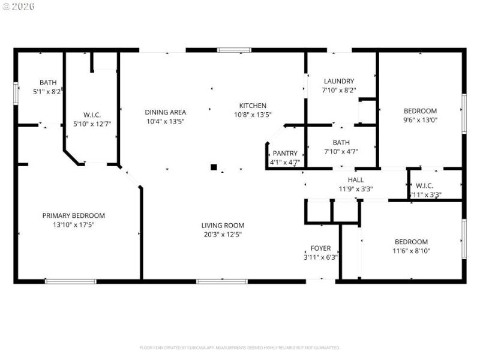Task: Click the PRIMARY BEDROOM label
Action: pyautogui.click(x=73, y=215)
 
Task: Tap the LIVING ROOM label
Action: pyautogui.click(x=223, y=226)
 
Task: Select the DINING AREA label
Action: pyautogui.click(x=166, y=112)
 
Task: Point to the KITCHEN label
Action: pyautogui.click(x=253, y=106)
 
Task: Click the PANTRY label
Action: pyautogui.click(x=285, y=154)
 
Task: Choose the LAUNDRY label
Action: pyautogui.click(x=339, y=82)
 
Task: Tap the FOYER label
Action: pyautogui.click(x=320, y=248)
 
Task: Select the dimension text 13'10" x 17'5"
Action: pyautogui.click(x=73, y=224)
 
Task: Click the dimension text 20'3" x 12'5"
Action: pyautogui.click(x=223, y=235)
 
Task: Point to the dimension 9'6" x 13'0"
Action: pyautogui.click(x=420, y=119)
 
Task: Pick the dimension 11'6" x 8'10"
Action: pyautogui.click(x=412, y=251)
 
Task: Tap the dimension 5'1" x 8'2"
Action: pyautogui.click(x=48, y=92)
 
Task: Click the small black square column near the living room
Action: pyautogui.click(x=213, y=167)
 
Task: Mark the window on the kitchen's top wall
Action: pyautogui.click(x=234, y=50)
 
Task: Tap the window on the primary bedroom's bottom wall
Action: pyautogui.click(x=70, y=281)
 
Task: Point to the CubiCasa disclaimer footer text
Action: pyautogui.click(x=239, y=347)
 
